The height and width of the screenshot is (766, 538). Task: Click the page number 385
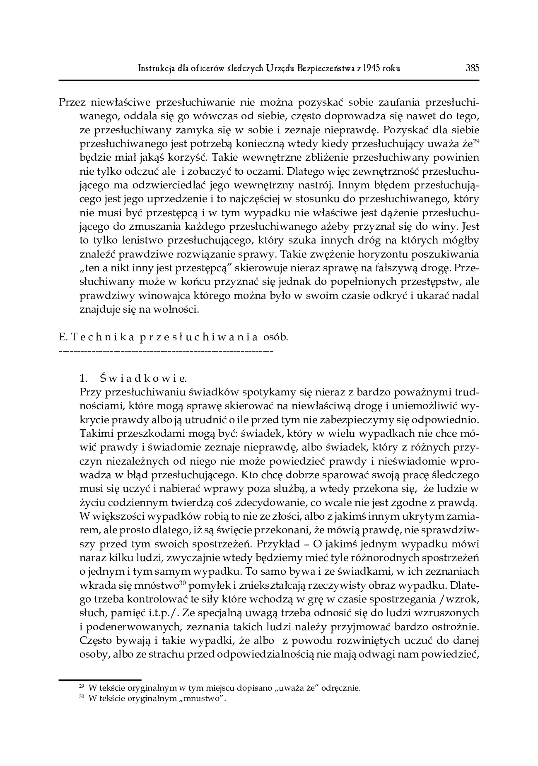click(x=472, y=68)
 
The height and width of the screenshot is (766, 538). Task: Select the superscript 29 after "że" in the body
click(x=476, y=141)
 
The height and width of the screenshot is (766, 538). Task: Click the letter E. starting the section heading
click(x=63, y=337)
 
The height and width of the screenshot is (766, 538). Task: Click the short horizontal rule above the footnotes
click(x=100, y=679)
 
